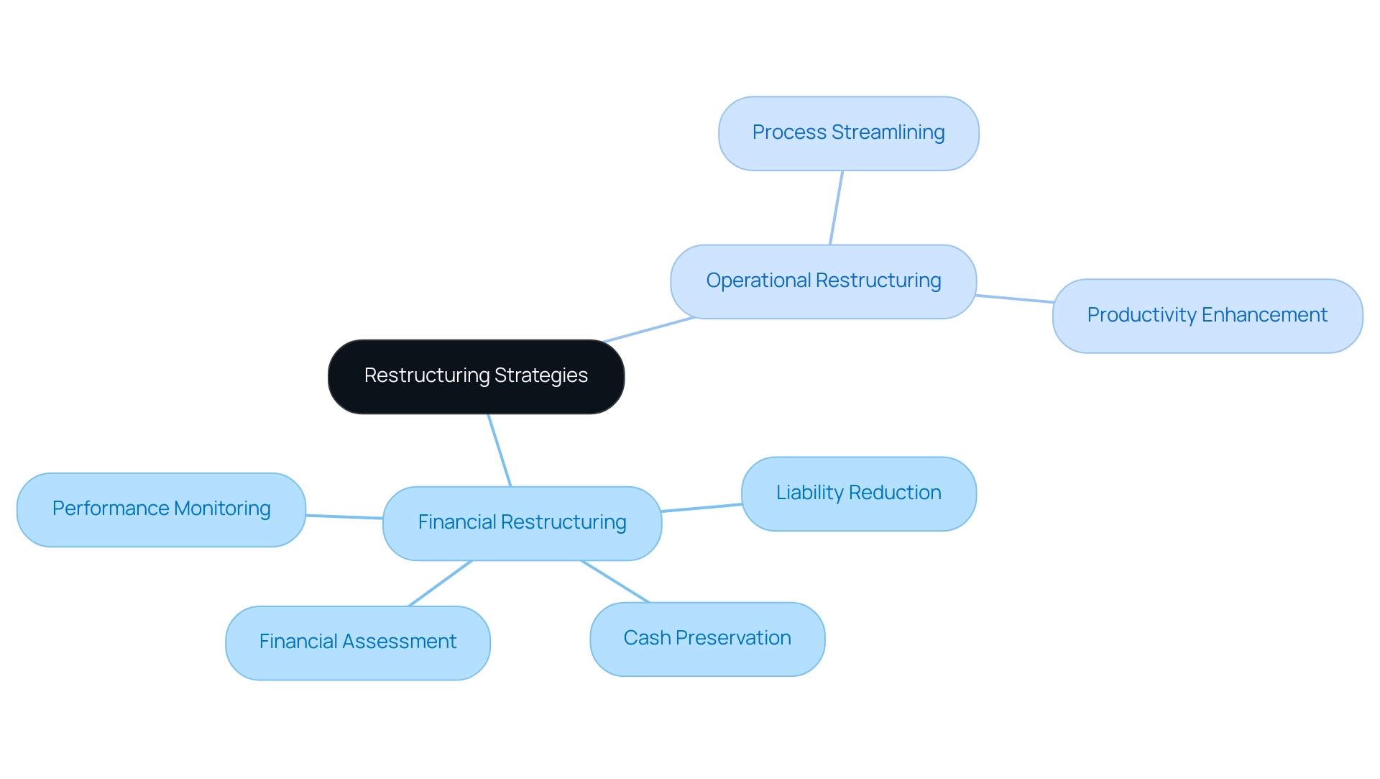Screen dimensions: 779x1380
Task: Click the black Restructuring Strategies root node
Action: coord(476,376)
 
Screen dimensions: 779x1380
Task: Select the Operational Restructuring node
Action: coord(823,281)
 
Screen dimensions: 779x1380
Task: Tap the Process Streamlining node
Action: coord(848,133)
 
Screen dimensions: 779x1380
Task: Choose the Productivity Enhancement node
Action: coord(1207,316)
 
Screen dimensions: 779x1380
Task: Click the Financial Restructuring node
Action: coord(522,523)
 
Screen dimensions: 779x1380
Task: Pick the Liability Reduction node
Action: coord(858,493)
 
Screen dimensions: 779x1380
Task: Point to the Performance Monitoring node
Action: coord(161,509)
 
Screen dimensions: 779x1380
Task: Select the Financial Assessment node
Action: coord(357,642)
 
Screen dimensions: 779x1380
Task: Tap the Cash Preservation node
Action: coord(707,639)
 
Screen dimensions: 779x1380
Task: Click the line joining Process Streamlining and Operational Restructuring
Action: coord(836,208)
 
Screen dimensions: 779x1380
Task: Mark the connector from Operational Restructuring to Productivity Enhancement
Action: coord(1014,299)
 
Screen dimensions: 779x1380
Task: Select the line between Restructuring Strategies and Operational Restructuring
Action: coord(648,329)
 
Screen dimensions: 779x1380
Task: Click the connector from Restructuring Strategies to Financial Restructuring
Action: coord(500,450)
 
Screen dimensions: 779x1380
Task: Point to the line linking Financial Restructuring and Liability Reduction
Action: coord(701,508)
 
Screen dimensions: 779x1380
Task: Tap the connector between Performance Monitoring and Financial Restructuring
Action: coord(344,516)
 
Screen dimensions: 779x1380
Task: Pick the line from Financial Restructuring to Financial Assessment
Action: coord(440,583)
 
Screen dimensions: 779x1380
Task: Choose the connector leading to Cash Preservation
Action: coord(615,581)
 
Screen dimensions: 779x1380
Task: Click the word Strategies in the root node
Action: coord(541,375)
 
